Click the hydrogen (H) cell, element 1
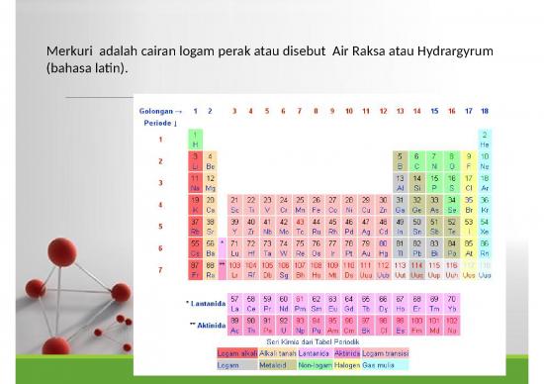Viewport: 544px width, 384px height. pyautogui.click(x=196, y=139)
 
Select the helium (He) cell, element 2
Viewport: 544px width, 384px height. pyautogui.click(x=485, y=139)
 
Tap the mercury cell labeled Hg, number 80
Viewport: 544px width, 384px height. pyautogui.click(x=384, y=247)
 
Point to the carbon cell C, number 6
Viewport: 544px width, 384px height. pyautogui.click(x=417, y=160)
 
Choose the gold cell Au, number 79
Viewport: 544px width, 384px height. pyautogui.click(x=367, y=247)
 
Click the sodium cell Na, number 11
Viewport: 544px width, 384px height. pyautogui.click(x=196, y=182)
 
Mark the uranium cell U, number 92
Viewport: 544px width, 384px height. pyautogui.click(x=283, y=324)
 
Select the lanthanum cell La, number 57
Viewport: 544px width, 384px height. pyautogui.click(x=234, y=302)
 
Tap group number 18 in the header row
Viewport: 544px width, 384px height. pyautogui.click(x=485, y=111)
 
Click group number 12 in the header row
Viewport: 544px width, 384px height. pyautogui.click(x=384, y=111)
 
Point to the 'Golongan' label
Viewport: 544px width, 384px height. pyautogui.click(x=157, y=111)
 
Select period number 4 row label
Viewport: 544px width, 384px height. pyautogui.click(x=160, y=204)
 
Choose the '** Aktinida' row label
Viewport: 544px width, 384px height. pyautogui.click(x=206, y=324)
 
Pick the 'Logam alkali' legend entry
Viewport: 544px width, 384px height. pyautogui.click(x=236, y=352)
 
